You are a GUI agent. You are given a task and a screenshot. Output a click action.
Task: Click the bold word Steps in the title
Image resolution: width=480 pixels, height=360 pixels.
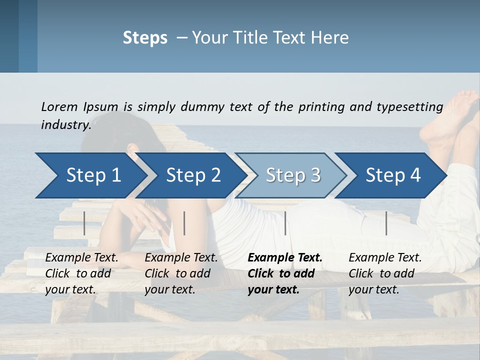[145, 38]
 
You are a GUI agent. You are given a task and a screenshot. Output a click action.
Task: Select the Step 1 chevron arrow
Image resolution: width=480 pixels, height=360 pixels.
[93, 175]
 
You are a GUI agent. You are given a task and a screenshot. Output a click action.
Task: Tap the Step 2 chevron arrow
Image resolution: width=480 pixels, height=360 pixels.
[193, 175]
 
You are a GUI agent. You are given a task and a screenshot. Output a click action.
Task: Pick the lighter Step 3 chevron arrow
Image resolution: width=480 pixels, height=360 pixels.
[293, 175]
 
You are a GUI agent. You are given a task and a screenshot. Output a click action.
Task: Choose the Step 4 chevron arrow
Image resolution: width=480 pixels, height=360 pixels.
[393, 175]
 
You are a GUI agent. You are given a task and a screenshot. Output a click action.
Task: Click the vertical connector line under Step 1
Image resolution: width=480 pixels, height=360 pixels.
[84, 223]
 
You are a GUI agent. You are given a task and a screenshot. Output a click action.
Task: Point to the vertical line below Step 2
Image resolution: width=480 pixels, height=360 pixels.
[184, 223]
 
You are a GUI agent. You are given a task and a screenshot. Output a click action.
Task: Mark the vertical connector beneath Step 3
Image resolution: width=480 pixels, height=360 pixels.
[285, 223]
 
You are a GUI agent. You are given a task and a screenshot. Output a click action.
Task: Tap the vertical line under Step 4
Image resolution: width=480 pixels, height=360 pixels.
[386, 223]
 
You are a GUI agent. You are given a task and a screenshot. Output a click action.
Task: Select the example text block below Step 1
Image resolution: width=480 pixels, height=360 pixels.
[81, 273]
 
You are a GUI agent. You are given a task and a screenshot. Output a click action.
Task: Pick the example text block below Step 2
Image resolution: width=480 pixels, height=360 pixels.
[181, 273]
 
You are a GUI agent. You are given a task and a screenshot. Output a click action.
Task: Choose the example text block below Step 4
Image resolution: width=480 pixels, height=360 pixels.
[385, 273]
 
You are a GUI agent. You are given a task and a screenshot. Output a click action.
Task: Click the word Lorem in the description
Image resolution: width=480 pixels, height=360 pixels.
[59, 106]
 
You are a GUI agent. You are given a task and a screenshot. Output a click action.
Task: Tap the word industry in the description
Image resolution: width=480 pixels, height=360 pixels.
[65, 125]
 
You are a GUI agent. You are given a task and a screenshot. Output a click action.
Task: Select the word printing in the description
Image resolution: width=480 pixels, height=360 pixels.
[321, 107]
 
